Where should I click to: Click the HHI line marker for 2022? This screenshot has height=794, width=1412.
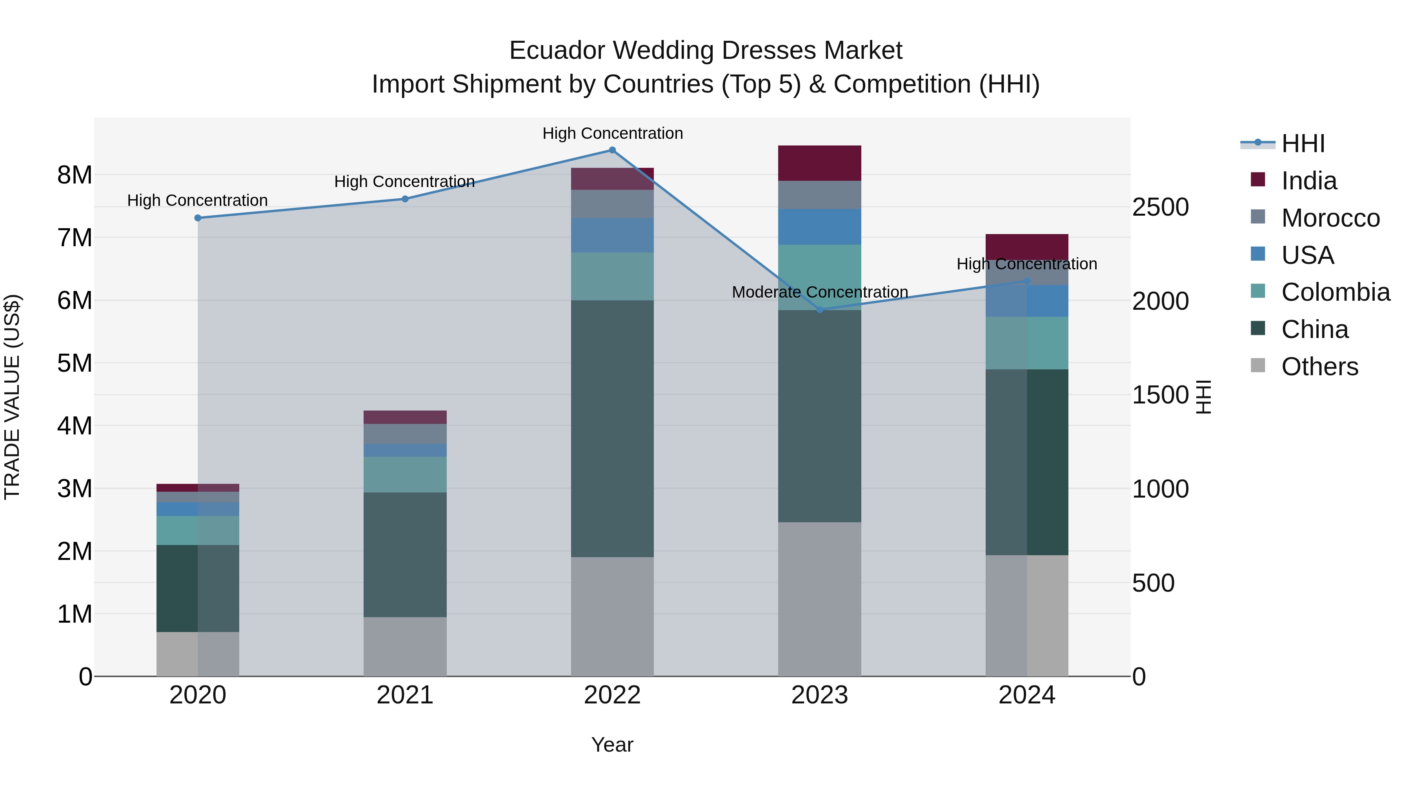click(x=612, y=150)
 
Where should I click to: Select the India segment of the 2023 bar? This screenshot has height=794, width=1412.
click(x=819, y=163)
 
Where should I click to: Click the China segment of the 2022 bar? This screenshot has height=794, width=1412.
click(x=612, y=429)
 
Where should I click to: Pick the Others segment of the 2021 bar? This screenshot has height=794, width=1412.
click(x=405, y=647)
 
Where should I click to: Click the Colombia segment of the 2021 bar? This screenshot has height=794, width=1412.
click(x=405, y=474)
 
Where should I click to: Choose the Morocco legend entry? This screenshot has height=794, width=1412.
click(x=1330, y=218)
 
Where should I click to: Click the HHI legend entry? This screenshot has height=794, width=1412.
click(x=1303, y=144)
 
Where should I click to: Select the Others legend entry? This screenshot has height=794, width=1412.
click(x=1319, y=367)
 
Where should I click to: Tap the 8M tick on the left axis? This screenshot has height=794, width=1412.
click(x=75, y=175)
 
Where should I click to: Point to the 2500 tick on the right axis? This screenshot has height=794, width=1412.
click(x=1161, y=207)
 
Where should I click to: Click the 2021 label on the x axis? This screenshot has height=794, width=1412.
click(x=405, y=695)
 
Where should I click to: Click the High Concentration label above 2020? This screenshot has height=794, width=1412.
click(x=197, y=200)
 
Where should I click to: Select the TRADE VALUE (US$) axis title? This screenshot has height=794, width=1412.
click(x=12, y=397)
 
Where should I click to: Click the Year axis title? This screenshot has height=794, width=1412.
click(x=612, y=745)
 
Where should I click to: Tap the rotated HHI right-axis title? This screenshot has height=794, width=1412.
click(x=1203, y=397)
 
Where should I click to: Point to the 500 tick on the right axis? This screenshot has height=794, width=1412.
click(x=1153, y=583)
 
